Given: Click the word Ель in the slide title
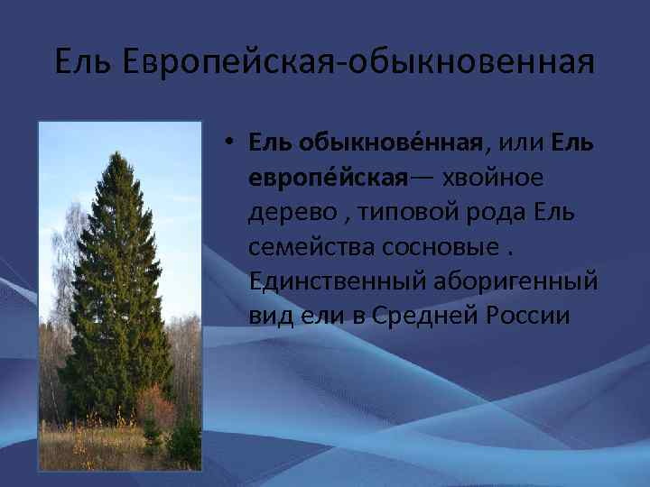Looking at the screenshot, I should click(83, 62).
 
